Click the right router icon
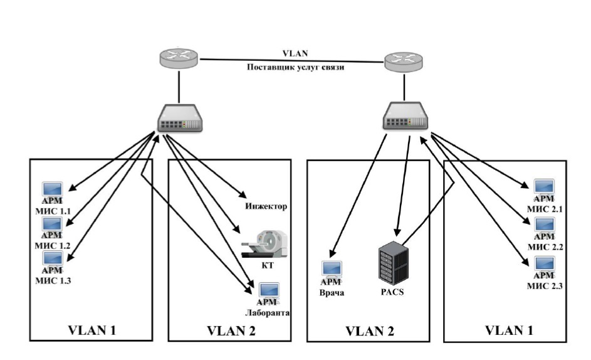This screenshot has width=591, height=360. pyautogui.click(x=402, y=61)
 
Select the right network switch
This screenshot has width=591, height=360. pyautogui.click(x=405, y=116)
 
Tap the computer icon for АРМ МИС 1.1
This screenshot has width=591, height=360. pyautogui.click(x=52, y=189)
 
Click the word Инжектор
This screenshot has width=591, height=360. pyautogui.click(x=265, y=206)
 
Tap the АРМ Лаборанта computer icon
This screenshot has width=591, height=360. pyautogui.click(x=269, y=291)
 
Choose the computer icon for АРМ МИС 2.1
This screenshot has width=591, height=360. pyautogui.click(x=543, y=187)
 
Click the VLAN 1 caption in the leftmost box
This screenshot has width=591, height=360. pyautogui.click(x=92, y=329)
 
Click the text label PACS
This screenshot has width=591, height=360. pyautogui.click(x=390, y=291)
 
